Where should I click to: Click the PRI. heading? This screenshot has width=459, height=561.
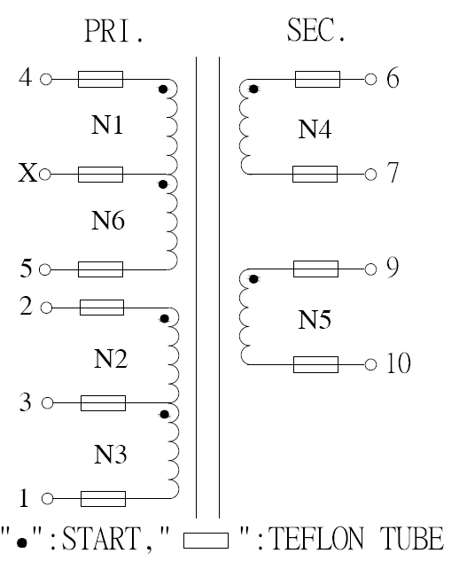pos(113,31)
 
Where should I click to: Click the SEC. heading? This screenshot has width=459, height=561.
pos(316,30)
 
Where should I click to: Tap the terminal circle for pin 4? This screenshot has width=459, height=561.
pos(46,79)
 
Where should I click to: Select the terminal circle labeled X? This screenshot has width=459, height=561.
pos(44,175)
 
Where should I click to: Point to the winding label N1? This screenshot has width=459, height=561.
pos(107,125)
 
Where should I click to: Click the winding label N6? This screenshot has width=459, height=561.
pos(108,220)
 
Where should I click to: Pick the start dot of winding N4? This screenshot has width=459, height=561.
pos(253,90)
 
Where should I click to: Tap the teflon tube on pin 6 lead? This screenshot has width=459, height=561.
pos(318,79)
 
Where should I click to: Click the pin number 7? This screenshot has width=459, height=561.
pos(393,173)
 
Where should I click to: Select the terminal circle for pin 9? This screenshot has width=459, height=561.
pos(371,269)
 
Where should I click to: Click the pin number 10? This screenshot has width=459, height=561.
pos(399,363)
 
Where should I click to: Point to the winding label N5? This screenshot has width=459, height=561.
pos(315,320)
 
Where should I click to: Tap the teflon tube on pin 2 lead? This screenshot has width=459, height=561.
pos(102,308)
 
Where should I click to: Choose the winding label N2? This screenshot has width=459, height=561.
pos(111,359)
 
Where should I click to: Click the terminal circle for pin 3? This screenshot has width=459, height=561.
pos(47,403)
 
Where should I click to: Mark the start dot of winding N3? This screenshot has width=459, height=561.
pos(165,414)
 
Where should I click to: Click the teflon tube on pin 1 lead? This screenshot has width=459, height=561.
pos(103,499)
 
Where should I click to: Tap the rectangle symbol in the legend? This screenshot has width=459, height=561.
pos(206,541)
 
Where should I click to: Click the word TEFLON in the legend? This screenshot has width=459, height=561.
pos(316,538)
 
